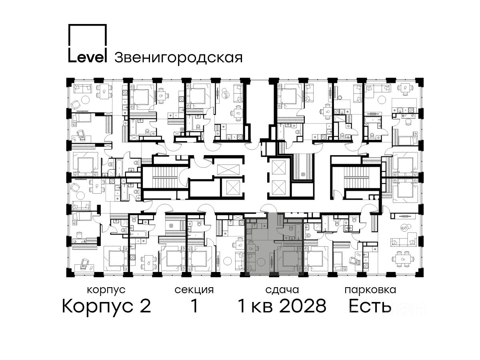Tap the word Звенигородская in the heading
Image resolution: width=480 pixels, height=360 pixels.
point(178,58)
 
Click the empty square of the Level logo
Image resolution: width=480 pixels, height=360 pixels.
point(88,36)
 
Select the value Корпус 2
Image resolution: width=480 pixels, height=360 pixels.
point(107,306)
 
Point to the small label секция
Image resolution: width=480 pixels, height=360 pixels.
point(194,290)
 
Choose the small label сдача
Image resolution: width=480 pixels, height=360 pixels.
point(282,290)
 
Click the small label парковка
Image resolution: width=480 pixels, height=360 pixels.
point(370,290)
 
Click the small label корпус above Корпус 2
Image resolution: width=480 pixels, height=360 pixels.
point(106,290)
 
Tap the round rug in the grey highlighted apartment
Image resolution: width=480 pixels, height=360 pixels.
point(261,262)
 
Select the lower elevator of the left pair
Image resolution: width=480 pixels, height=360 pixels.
point(233,188)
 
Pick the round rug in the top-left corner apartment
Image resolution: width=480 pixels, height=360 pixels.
point(85,100)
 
